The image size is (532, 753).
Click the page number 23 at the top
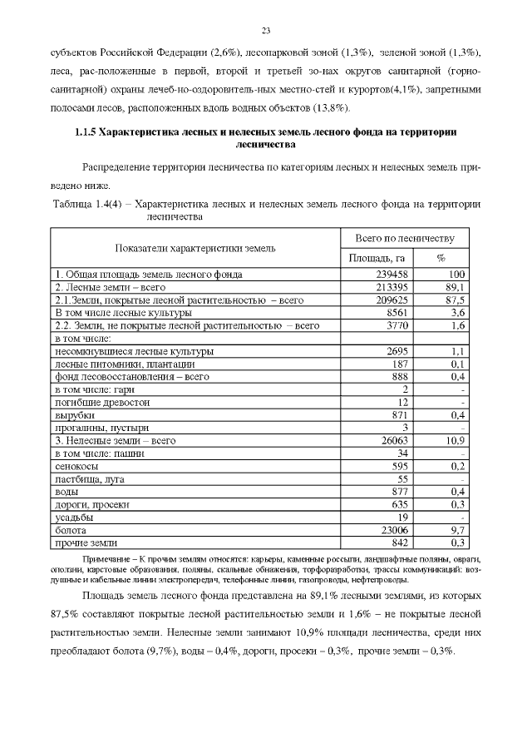(x=266, y=31)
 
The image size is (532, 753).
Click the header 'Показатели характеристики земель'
(x=196, y=248)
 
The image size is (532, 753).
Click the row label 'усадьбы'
(x=72, y=517)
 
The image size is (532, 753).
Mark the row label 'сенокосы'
(x=76, y=467)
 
